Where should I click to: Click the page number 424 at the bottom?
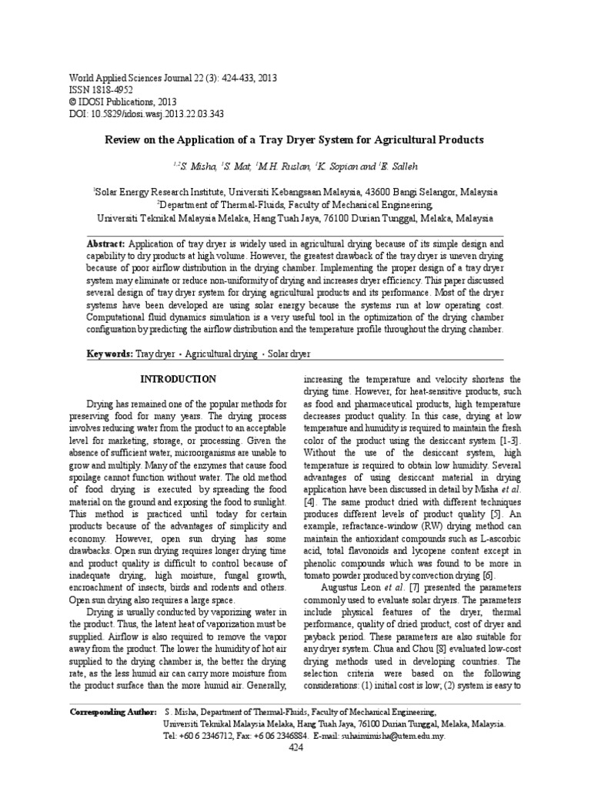coord(295,748)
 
